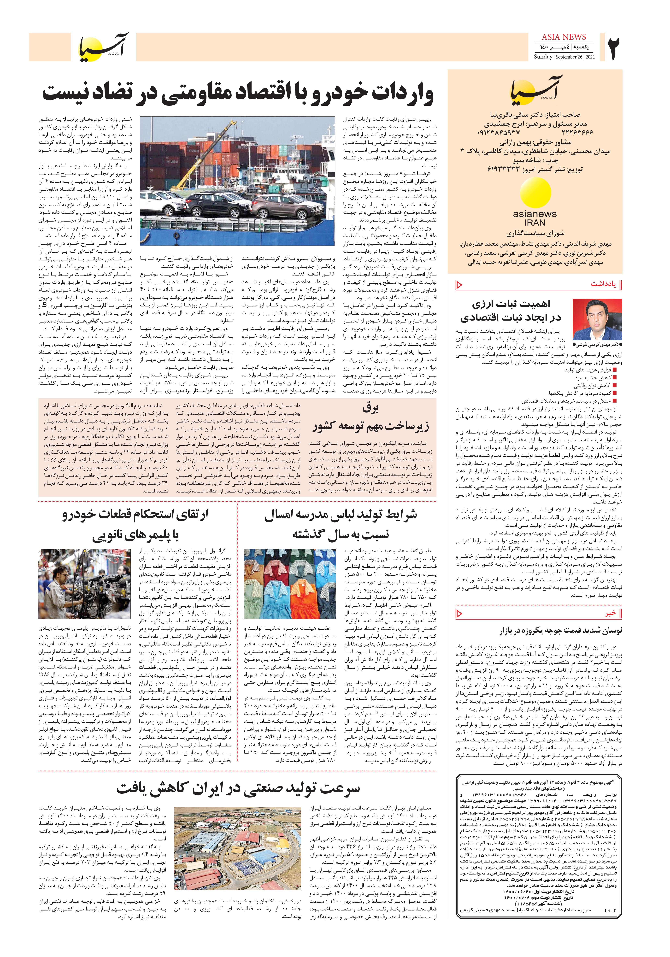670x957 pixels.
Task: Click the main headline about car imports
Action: (x=238, y=94)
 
